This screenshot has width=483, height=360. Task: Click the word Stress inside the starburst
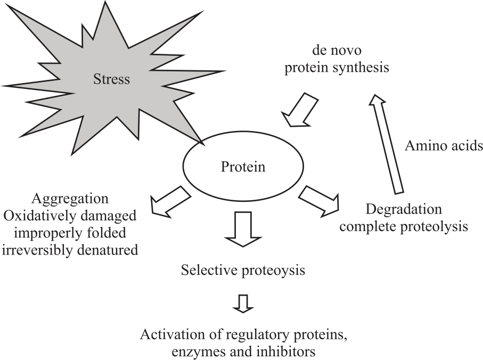[x=111, y=80]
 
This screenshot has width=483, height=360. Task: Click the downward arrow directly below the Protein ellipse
[x=243, y=229]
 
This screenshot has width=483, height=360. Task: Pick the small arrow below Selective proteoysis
[x=243, y=303]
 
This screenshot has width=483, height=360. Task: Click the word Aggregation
[x=70, y=199]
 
